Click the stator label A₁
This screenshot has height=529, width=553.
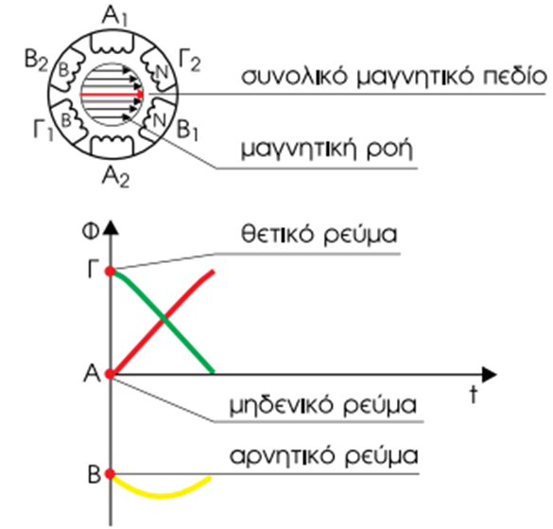click(114, 16)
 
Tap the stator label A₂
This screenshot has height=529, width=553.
click(115, 176)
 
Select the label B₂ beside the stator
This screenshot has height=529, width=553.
click(36, 60)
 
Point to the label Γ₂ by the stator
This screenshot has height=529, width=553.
click(190, 61)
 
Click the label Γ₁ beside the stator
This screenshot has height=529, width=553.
click(43, 130)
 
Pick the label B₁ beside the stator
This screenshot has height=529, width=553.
click(187, 130)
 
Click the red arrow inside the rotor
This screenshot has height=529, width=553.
click(112, 95)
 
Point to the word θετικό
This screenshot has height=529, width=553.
click(277, 234)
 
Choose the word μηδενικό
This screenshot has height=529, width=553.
click(281, 405)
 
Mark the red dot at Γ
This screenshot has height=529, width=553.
click(111, 272)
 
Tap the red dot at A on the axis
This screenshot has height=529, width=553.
click(111, 374)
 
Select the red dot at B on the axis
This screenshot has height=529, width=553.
click(111, 474)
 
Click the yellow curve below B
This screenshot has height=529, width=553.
click(161, 496)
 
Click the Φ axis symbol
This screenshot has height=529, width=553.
click(91, 232)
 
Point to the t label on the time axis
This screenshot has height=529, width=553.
click(474, 394)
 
